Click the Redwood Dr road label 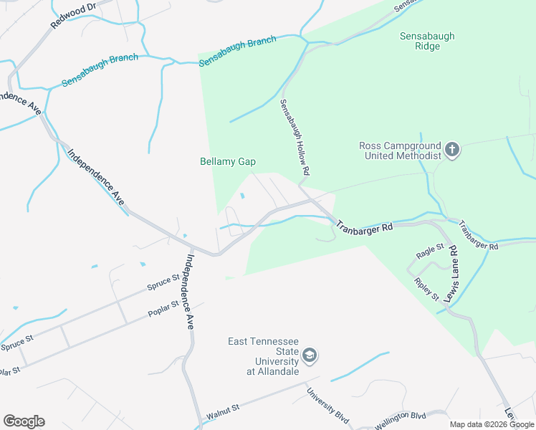[x=73, y=16]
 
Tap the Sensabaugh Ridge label [x=428, y=42]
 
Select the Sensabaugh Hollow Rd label [x=294, y=138]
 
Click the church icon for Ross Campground [x=451, y=150]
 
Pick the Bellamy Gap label [x=227, y=162]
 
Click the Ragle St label [x=430, y=254]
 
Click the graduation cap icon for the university [x=310, y=355]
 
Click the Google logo [x=24, y=421]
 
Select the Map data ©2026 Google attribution [x=492, y=424]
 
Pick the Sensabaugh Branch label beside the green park [x=237, y=52]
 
